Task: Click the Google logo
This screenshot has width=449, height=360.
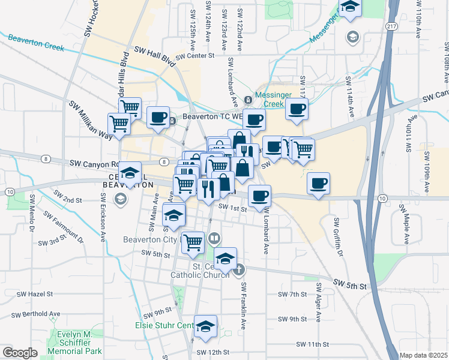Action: click(x=19, y=353)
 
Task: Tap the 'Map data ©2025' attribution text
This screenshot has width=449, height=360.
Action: click(x=424, y=355)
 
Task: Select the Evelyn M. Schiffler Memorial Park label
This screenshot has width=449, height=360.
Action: click(x=76, y=342)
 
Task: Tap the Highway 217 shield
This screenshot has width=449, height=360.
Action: click(x=391, y=26)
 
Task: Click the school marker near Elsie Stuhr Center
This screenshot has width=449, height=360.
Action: click(x=205, y=326)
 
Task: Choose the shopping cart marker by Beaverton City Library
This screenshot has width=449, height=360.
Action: click(x=193, y=242)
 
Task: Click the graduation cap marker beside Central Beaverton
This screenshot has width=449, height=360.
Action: click(x=130, y=173)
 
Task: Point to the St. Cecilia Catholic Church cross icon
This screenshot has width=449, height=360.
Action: click(x=239, y=269)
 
